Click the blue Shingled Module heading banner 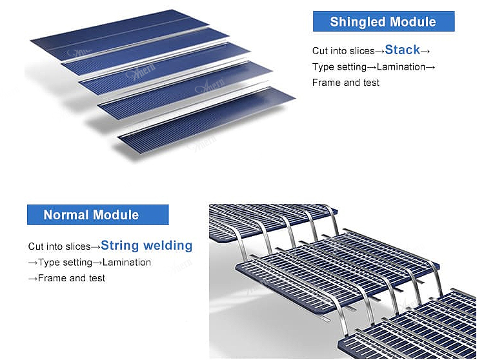[x=383, y=22]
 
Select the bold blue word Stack [x=402, y=50]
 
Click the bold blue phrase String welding [x=146, y=245]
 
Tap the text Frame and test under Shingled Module [x=345, y=83]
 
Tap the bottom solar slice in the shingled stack [x=207, y=123]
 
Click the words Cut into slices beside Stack [x=343, y=51]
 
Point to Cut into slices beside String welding [x=59, y=246]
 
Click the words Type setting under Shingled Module [x=339, y=66]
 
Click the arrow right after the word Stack [x=425, y=50]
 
